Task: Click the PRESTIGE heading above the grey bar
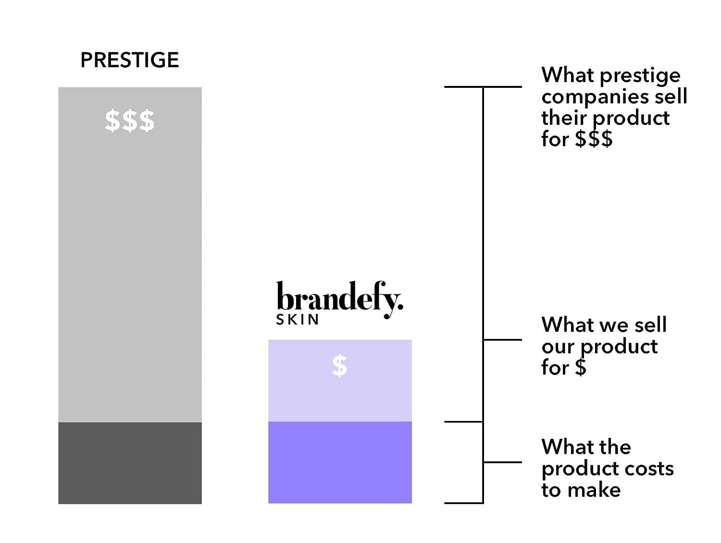pos(129,60)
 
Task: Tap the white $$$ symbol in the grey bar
pos(130,121)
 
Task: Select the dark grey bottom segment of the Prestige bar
pos(130,463)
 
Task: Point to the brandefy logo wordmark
pos(339,299)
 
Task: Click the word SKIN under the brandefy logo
pos(298,320)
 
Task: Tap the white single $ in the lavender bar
pos(339,366)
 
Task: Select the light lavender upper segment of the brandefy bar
pos(340,394)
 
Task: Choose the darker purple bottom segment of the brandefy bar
pos(340,462)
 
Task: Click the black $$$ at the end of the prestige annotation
pos(594,139)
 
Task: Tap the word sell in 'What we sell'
pos(650,325)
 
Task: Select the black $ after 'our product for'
pos(581,368)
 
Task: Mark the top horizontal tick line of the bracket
pos(483,87)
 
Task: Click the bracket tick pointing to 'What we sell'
pos(502,339)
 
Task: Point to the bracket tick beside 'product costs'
pos(502,462)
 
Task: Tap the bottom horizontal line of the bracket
pos(463,503)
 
